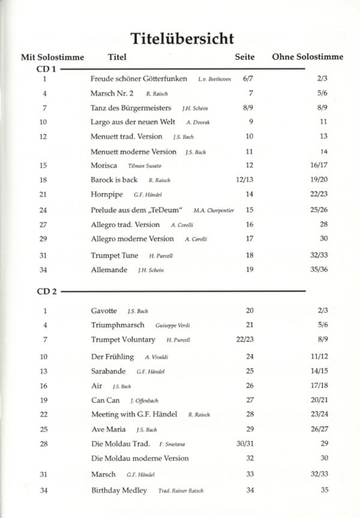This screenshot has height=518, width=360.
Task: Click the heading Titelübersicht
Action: click(x=179, y=39)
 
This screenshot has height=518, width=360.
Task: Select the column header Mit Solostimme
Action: click(x=52, y=58)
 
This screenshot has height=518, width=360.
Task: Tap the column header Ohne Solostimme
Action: click(x=307, y=58)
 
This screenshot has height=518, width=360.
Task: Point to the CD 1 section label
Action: click(x=47, y=70)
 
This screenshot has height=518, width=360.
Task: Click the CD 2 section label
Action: click(x=47, y=292)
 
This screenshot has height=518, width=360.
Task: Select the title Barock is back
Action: click(x=114, y=179)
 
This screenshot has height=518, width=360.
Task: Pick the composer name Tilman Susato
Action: click(x=145, y=166)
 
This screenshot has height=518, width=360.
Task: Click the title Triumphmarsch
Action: click(x=118, y=325)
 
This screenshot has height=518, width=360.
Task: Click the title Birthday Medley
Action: click(x=119, y=490)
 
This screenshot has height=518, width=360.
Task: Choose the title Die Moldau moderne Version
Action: click(x=139, y=458)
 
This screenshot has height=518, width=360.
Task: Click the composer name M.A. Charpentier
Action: click(x=214, y=211)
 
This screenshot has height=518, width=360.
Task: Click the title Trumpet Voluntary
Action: click(x=123, y=340)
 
